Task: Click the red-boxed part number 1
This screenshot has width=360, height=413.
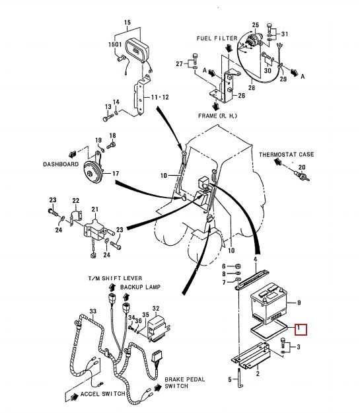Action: click(x=299, y=328)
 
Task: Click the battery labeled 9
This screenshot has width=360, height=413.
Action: click(x=269, y=303)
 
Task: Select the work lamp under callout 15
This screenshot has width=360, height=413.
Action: click(x=137, y=50)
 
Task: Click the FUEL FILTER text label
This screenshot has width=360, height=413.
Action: click(x=217, y=38)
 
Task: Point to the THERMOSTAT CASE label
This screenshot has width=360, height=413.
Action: click(x=286, y=155)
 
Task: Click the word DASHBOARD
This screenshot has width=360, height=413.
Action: click(x=61, y=164)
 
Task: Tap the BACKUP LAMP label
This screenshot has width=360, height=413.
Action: click(x=140, y=287)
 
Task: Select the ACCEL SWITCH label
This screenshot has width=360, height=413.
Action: click(x=102, y=394)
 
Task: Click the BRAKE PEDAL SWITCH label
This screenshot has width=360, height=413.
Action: click(x=184, y=383)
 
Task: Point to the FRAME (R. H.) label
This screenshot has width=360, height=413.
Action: click(x=217, y=116)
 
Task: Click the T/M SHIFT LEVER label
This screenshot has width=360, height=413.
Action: click(x=115, y=278)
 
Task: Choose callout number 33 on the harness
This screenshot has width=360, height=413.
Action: click(x=93, y=311)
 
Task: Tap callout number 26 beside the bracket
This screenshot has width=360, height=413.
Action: click(x=242, y=95)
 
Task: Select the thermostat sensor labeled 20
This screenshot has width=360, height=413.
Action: click(x=301, y=175)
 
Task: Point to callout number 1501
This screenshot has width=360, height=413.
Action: click(x=115, y=44)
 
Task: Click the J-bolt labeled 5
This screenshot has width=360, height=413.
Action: click(x=240, y=378)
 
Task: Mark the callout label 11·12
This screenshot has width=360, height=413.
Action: click(x=160, y=97)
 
